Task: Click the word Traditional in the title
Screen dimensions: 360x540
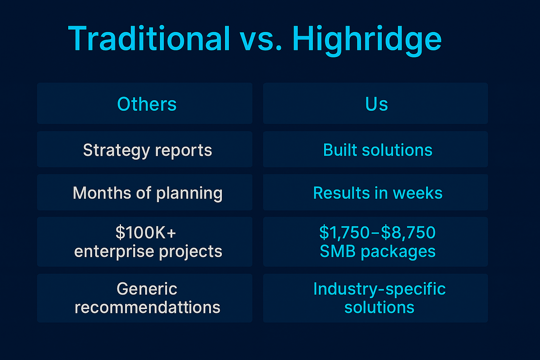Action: (149, 39)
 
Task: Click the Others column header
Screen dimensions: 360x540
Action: (147, 104)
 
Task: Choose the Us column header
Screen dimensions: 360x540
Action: (377, 104)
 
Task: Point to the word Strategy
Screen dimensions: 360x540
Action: (116, 151)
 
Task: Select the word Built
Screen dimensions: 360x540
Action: (340, 150)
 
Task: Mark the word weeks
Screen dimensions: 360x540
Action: (418, 193)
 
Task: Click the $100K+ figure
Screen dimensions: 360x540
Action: (146, 232)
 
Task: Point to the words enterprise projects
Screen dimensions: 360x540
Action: (148, 252)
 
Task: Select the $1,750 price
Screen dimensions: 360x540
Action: (344, 232)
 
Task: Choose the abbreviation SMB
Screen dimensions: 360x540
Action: (337, 252)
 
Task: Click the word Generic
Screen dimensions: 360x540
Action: (147, 289)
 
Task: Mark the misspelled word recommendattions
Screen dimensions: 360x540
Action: (147, 308)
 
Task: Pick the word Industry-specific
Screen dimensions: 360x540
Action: (379, 289)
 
